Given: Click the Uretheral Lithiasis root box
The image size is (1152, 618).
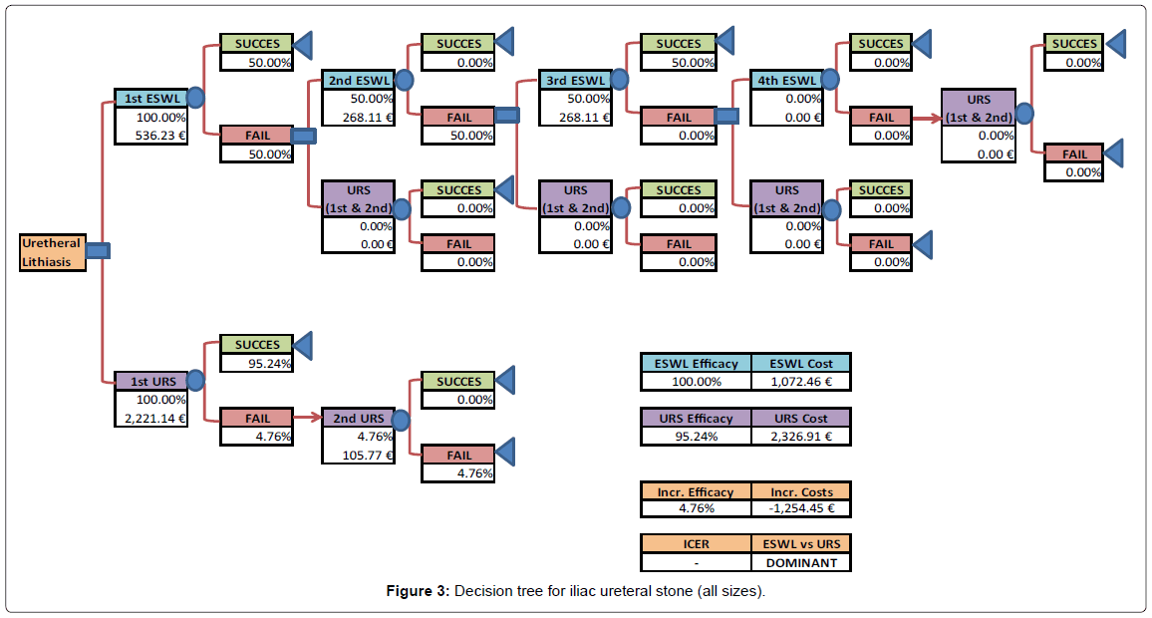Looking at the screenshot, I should coord(53,252).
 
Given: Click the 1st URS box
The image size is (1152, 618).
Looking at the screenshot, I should coord(150,381).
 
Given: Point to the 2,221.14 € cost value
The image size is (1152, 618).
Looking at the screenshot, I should coord(151,418).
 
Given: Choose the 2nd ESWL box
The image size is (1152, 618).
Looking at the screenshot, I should coord(358,80).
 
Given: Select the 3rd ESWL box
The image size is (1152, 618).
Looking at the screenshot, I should coord(575,80).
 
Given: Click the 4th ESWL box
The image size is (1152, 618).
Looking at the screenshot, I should coord(786,80).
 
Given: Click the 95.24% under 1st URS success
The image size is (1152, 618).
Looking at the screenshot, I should coord(257,363).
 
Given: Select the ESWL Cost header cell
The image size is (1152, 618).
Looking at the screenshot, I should coord(801,363).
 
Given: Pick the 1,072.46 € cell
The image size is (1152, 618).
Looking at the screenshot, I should coord(801,381).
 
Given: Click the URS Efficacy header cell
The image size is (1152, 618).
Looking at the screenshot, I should coord(696,419).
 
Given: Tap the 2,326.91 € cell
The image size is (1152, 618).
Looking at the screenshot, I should coord(801,437).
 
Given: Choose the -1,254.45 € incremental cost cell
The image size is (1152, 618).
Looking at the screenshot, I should coord(801,508).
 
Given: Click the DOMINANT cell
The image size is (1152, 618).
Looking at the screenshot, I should coord(801,562).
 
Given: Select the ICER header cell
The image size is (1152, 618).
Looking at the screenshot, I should coord(696,544).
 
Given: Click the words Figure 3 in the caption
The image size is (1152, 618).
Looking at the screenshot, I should coord(418,592).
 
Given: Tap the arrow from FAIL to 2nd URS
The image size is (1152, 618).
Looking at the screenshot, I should coord(308,419).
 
